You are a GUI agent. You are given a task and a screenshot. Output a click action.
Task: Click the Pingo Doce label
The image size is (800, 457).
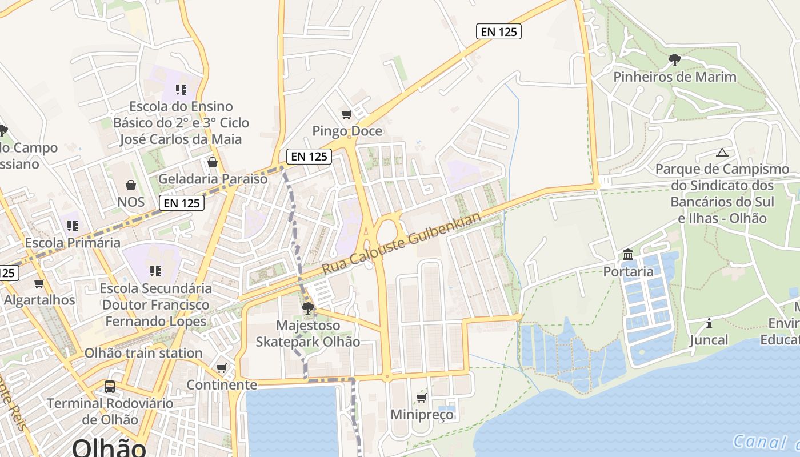tap(347, 131)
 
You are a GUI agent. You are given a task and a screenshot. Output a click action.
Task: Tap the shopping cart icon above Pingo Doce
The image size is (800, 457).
tap(346, 115)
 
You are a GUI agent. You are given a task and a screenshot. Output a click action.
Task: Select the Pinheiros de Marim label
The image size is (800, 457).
tap(675, 77)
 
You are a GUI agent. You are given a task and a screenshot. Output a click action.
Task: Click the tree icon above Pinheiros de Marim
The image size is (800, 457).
tap(675, 59)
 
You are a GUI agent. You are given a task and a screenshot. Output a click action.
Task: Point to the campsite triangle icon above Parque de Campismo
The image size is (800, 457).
tap(722, 153)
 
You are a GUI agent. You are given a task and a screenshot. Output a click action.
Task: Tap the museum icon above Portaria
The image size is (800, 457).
tap(628, 254)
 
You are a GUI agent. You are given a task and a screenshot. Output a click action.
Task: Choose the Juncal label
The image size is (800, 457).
tap(709, 340)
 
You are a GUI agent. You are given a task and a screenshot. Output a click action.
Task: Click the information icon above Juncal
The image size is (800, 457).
tap(709, 324)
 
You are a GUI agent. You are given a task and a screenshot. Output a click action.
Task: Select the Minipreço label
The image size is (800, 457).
tap(422, 414)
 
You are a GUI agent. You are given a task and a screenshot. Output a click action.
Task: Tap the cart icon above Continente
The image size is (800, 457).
tap(222, 368)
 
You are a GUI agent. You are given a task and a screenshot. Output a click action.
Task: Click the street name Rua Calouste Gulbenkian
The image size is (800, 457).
tap(402, 243)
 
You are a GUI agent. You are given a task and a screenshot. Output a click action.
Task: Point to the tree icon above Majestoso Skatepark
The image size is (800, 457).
tap(307, 309)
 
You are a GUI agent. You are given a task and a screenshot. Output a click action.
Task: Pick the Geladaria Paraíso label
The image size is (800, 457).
tap(213, 179)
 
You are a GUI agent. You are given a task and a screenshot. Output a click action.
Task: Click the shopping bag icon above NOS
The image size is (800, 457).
tap(131, 185)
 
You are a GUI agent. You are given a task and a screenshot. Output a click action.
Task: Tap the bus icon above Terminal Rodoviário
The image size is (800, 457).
tap(110, 387)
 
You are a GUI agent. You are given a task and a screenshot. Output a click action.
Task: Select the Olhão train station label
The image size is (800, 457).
tap(143, 353)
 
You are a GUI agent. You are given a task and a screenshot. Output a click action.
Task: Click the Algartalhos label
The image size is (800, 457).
tap(39, 300)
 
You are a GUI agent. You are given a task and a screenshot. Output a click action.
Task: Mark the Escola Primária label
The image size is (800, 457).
tap(73, 243)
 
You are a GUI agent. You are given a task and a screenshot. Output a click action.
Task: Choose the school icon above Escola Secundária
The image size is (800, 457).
tap(155, 271)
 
